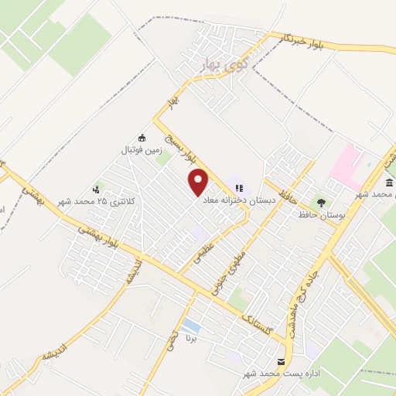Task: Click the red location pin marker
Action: coord(200,183)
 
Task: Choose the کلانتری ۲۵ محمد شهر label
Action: coord(97,201)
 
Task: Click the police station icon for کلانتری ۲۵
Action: coord(96,188)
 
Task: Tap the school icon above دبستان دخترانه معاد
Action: coord(239,187)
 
